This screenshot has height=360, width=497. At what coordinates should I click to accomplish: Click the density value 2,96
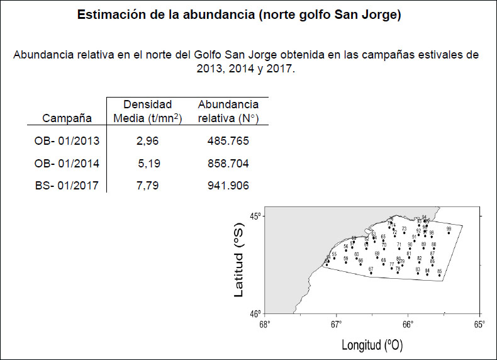click(x=147, y=141)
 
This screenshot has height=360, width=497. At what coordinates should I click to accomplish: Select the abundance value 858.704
click(x=228, y=163)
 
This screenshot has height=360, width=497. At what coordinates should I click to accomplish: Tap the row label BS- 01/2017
click(x=67, y=185)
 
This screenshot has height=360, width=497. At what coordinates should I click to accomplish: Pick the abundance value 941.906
click(x=228, y=185)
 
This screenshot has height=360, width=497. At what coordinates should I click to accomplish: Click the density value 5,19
click(x=148, y=163)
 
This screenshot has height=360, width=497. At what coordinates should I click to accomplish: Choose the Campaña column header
click(x=67, y=118)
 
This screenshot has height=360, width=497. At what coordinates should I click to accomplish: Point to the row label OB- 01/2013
click(x=67, y=141)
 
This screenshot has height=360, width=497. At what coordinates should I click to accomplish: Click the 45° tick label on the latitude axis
click(x=255, y=217)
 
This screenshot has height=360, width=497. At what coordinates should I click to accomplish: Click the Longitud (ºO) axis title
click(x=372, y=345)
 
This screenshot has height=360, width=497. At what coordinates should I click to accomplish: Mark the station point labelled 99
click(x=449, y=233)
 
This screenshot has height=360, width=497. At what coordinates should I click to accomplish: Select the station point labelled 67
click(x=371, y=274)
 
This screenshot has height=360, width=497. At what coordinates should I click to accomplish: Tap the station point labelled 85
click(x=439, y=275)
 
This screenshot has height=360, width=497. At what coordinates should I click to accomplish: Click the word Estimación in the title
click(x=106, y=15)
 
